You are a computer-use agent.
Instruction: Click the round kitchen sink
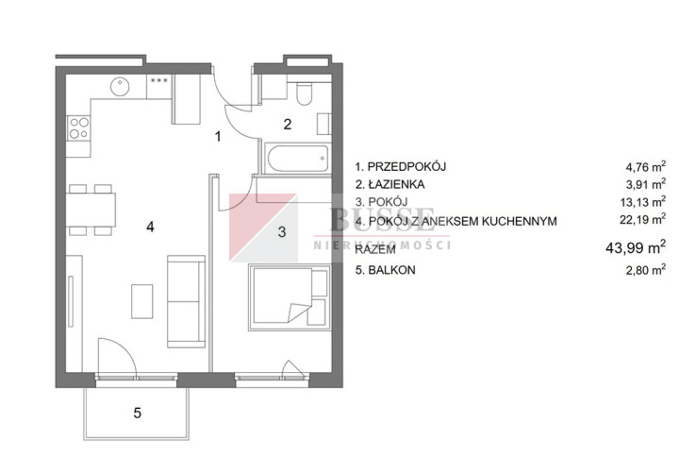click(x=120, y=86)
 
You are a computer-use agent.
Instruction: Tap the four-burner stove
click(x=79, y=128)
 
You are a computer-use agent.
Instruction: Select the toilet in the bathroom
click(x=305, y=93)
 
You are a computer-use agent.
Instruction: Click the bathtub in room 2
click(x=297, y=159)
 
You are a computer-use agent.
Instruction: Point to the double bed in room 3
click(x=290, y=297)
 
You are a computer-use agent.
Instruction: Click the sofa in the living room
click(x=186, y=301)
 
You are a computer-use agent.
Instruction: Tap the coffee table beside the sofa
click(x=142, y=301)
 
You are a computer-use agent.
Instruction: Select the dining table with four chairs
click(x=91, y=210)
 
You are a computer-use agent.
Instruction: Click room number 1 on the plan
click(x=218, y=137)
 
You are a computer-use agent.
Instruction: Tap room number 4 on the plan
click(x=150, y=227)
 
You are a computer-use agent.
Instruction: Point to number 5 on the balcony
click(x=138, y=413)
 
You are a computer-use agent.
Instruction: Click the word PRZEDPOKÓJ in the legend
click(x=406, y=166)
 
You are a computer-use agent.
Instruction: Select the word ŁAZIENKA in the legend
click(x=396, y=185)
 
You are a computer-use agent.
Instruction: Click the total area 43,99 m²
click(x=636, y=247)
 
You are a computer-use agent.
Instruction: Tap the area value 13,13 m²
click(x=642, y=202)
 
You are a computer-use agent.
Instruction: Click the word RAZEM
click(x=375, y=249)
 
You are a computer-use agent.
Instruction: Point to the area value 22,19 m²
click(x=642, y=220)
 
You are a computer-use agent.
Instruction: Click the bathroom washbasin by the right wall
click(x=323, y=124)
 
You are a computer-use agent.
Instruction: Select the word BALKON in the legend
click(x=391, y=270)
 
